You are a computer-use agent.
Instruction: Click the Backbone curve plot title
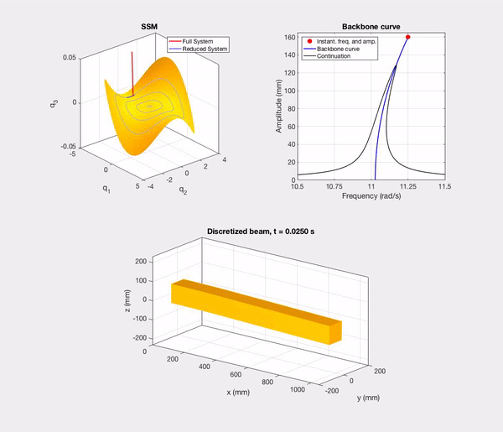(371, 26)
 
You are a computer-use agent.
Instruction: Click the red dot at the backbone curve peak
(407, 37)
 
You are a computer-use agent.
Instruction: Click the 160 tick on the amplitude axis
(288, 38)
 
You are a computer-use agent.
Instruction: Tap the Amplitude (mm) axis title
(278, 107)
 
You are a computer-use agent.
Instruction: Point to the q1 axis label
(106, 189)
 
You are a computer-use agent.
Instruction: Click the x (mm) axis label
(242, 392)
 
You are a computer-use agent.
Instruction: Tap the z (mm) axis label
(126, 299)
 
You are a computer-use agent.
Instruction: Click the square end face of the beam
(334, 332)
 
